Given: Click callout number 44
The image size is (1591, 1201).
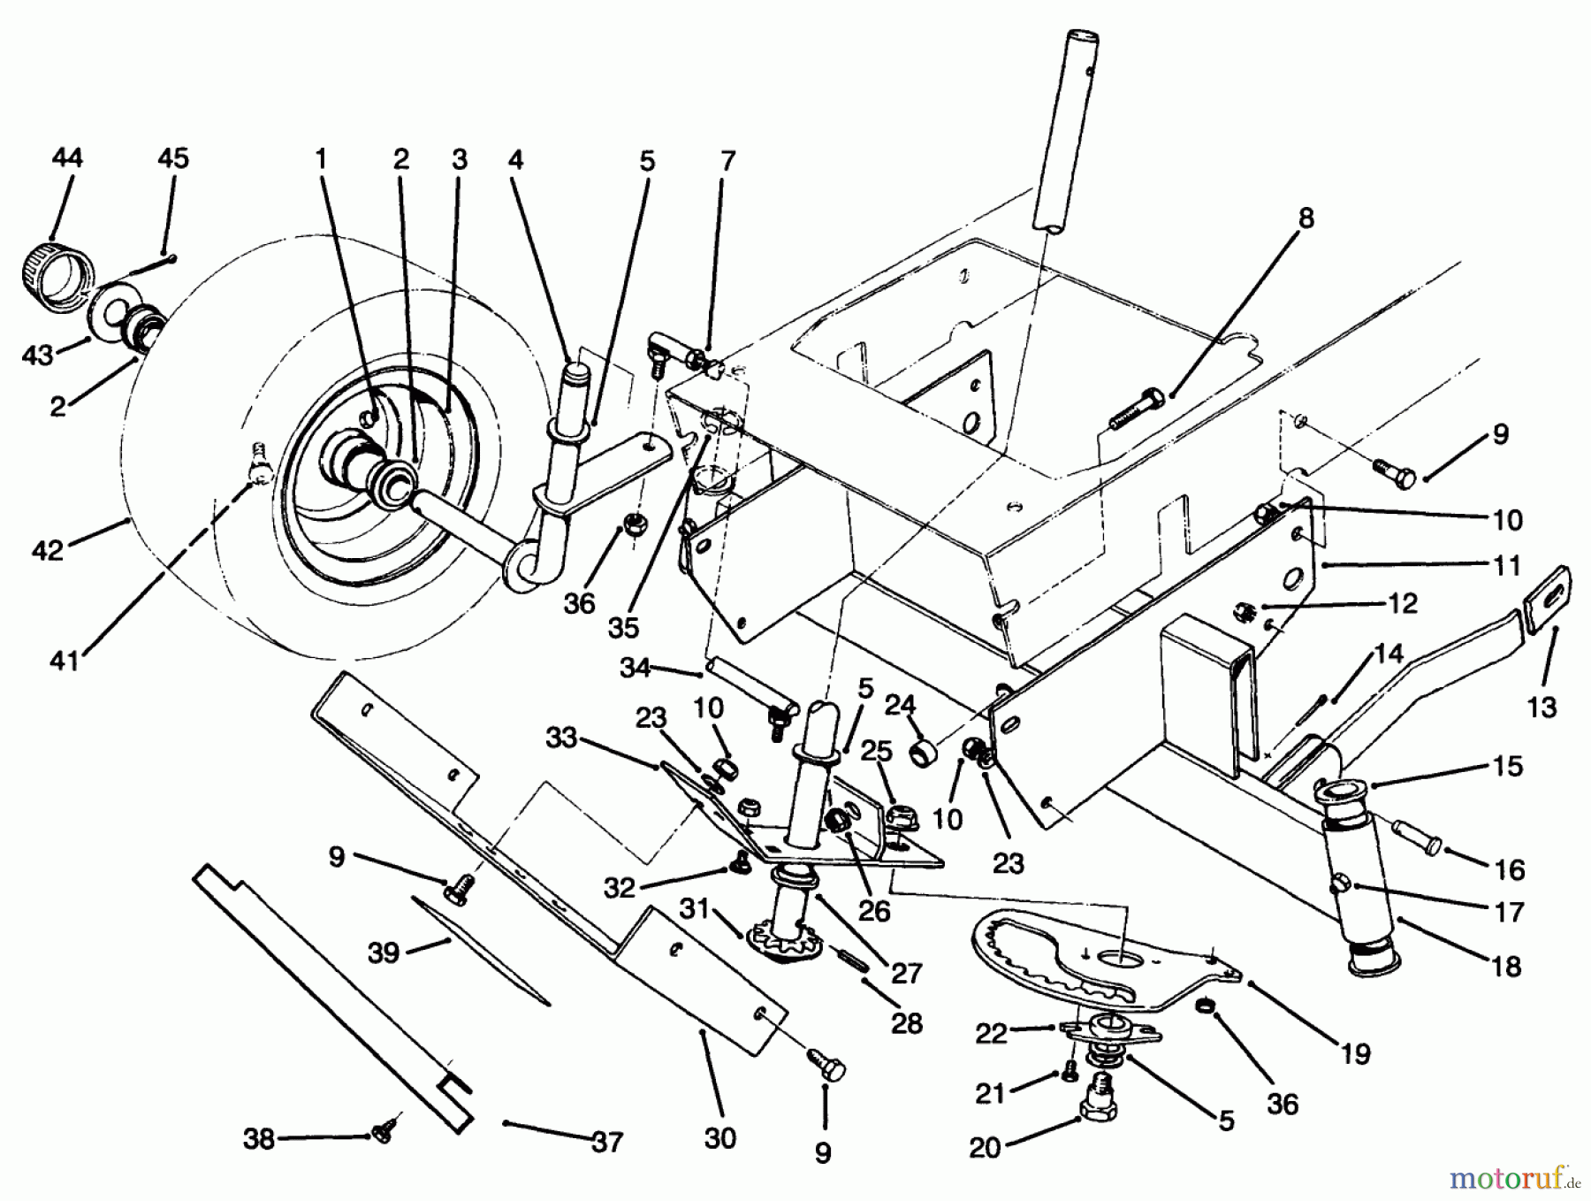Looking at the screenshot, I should pyautogui.click(x=67, y=158).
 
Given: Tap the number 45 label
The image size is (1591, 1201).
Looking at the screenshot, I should pyautogui.click(x=172, y=158).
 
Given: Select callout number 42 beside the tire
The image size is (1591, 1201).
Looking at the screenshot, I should pyautogui.click(x=48, y=549).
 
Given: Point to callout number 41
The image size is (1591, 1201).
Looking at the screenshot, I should pyautogui.click(x=65, y=659).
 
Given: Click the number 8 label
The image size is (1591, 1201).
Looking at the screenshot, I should pyautogui.click(x=1306, y=218).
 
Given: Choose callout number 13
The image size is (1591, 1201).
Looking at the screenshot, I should pyautogui.click(x=1542, y=707).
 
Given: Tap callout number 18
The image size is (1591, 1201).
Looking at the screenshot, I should pyautogui.click(x=1506, y=966).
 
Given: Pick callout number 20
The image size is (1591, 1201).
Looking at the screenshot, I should pyautogui.click(x=985, y=1147).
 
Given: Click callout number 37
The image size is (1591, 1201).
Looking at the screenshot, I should pyautogui.click(x=606, y=1141).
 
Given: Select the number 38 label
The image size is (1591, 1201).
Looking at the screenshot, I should pyautogui.click(x=259, y=1140).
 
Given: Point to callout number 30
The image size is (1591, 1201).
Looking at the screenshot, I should pyautogui.click(x=720, y=1137).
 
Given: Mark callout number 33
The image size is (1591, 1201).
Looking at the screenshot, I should pyautogui.click(x=560, y=737).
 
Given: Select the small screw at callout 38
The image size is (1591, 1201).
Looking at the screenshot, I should pyautogui.click(x=384, y=1132).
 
